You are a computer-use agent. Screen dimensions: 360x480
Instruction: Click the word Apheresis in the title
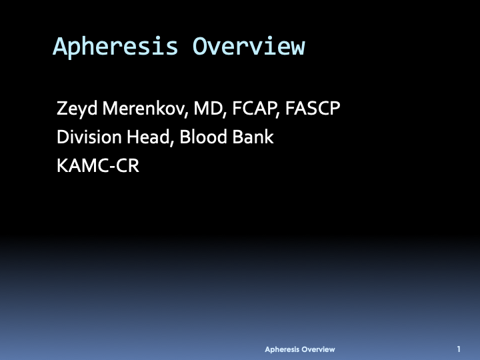pyautogui.click(x=115, y=47)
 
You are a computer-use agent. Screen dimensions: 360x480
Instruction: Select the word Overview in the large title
pyautogui.click(x=249, y=47)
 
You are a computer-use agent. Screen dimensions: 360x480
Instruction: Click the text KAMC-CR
pyautogui.click(x=98, y=166)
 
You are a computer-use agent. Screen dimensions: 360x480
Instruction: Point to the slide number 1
pyautogui.click(x=459, y=349)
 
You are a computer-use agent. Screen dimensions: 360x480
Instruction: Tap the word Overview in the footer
pyautogui.click(x=318, y=349)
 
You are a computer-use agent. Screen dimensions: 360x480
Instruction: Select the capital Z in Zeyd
pyautogui.click(x=62, y=108)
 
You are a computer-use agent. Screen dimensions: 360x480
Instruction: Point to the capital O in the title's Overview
pyautogui.click(x=200, y=47)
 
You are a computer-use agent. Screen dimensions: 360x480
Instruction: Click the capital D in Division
pyautogui.click(x=63, y=137)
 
